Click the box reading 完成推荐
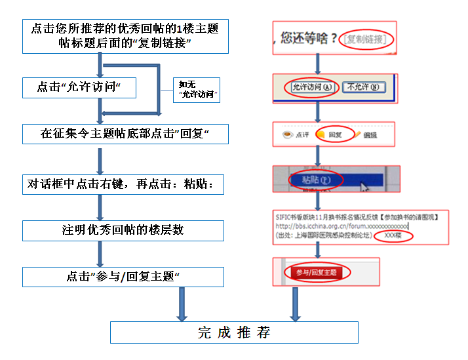click(234, 332)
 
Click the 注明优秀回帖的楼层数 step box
click(123, 231)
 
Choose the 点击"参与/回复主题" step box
click(123, 277)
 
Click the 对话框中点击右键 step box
click(123, 185)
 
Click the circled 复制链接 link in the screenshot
click(368, 39)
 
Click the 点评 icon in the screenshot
click(296, 135)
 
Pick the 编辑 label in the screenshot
click(370, 135)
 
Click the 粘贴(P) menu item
click(315, 178)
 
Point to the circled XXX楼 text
click(393, 235)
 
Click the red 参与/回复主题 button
click(316, 272)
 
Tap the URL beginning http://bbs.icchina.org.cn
click(341, 225)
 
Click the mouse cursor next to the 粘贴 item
click(364, 186)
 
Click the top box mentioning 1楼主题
click(125, 36)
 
